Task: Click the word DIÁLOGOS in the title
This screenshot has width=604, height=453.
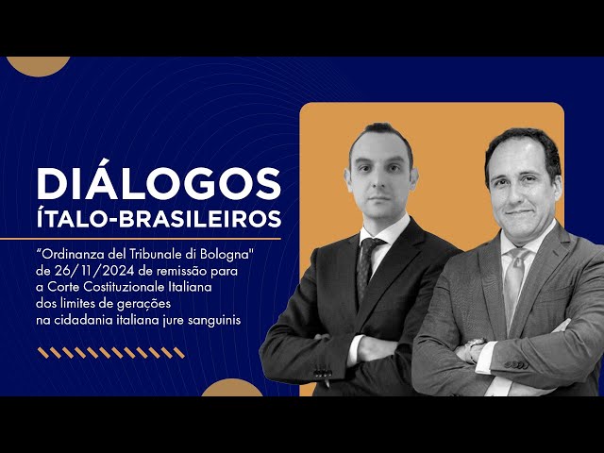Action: click(x=159, y=182)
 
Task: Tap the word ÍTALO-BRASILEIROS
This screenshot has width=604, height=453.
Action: click(x=159, y=219)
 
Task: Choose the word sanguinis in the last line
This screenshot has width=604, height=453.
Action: click(x=212, y=320)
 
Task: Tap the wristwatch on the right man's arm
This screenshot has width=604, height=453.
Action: click(x=470, y=350)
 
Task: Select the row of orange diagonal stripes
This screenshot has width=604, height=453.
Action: click(x=110, y=352)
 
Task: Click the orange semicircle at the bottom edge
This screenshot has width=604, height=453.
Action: click(x=232, y=388)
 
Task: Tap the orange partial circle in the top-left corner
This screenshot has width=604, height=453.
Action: click(x=38, y=64)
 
